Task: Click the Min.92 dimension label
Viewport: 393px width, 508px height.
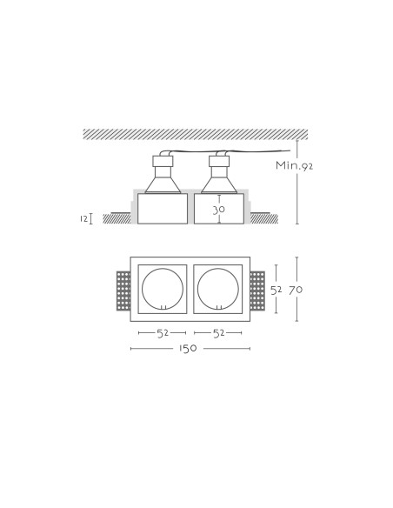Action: pos(294,165)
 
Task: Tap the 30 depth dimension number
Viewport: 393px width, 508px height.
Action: pos(219,210)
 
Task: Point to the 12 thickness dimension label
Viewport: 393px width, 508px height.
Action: pos(83,218)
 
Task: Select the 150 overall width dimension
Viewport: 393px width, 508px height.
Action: pos(188,348)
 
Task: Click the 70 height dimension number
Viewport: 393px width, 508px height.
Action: pos(296,290)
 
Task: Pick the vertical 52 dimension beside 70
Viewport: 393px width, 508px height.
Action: pos(276,291)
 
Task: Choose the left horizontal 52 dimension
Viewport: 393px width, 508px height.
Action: pos(163,333)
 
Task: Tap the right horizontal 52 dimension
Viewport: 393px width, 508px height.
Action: pos(218,333)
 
